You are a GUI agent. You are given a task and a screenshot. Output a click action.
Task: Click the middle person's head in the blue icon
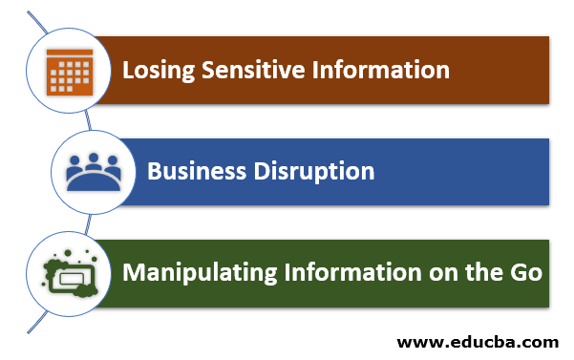point(92,159)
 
